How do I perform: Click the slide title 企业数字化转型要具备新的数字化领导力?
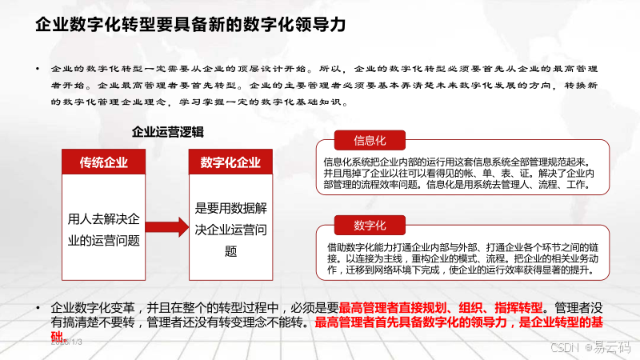tap(190, 25)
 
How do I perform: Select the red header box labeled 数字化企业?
tap(230, 162)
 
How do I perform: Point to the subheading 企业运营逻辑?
tap(167, 132)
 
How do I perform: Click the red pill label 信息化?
tap(370, 141)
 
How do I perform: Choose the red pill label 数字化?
tap(370, 223)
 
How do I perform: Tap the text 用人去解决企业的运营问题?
tap(103, 229)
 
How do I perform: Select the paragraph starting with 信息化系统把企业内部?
tap(459, 173)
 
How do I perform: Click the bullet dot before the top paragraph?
tap(38, 70)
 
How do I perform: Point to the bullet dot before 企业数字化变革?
tap(38, 308)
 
